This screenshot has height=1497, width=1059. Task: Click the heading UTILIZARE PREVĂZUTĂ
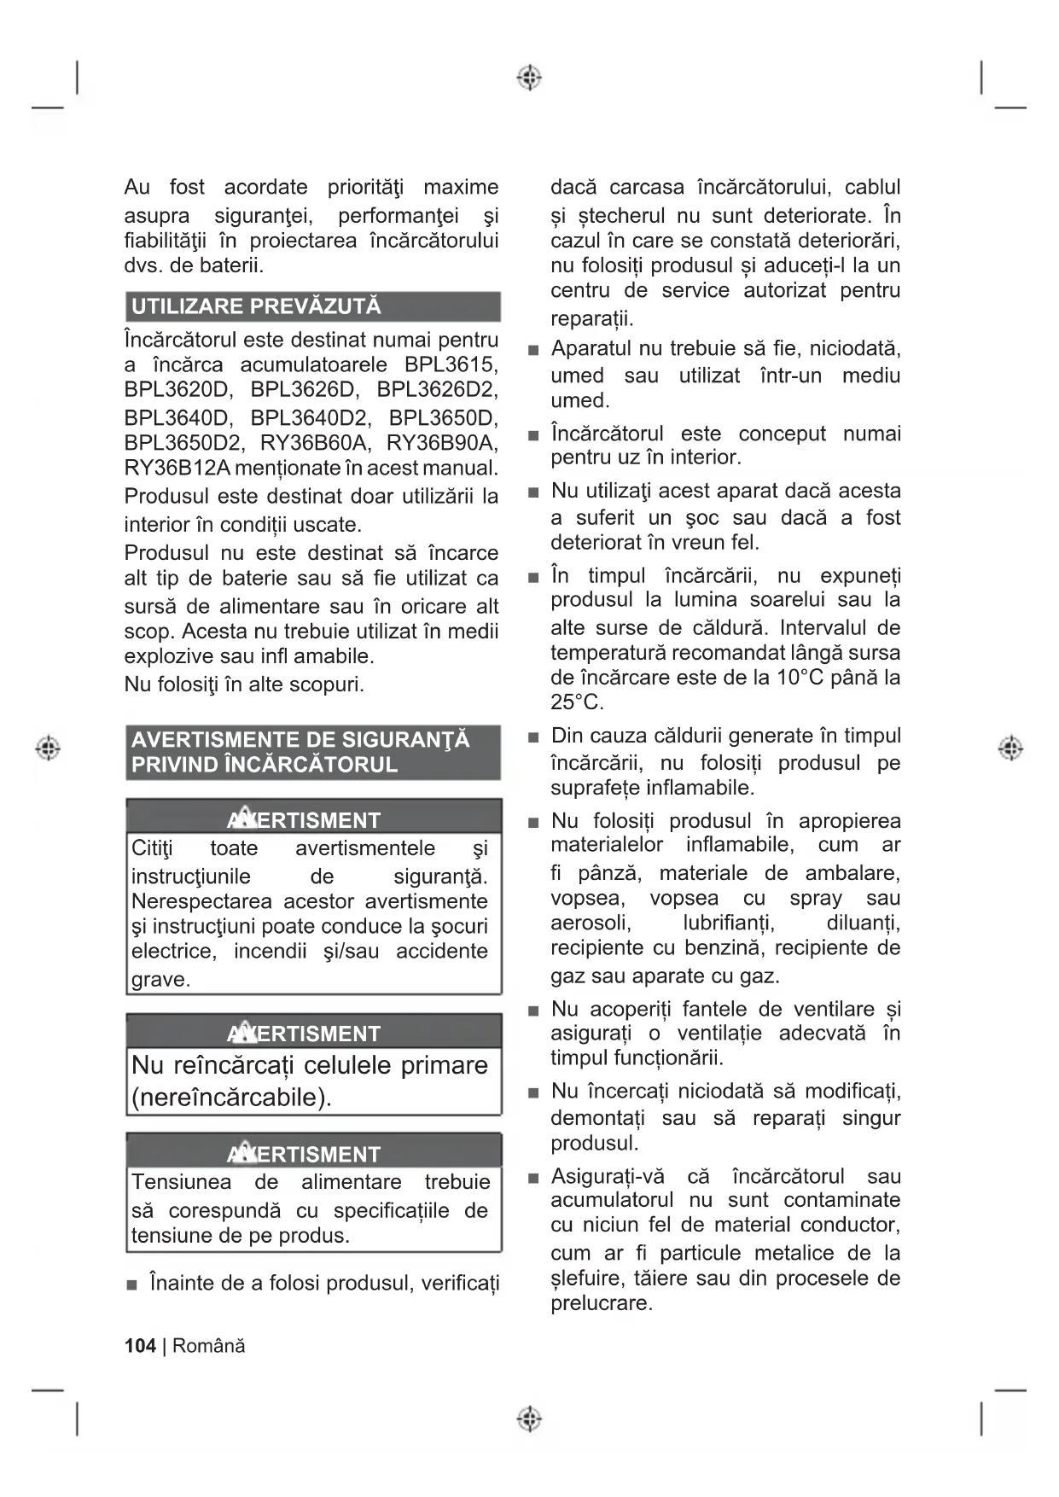click(256, 306)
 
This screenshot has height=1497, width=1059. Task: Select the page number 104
click(140, 1346)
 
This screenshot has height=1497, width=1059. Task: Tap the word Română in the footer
click(209, 1346)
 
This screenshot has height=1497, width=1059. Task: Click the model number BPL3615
click(451, 364)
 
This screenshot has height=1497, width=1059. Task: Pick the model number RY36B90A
click(442, 443)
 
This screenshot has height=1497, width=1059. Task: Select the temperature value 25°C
click(577, 702)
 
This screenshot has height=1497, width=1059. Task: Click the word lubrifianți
click(729, 923)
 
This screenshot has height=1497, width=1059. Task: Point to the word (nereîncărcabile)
click(231, 1097)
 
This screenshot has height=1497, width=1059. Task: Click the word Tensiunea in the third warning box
click(181, 1182)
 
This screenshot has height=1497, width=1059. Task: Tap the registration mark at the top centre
click(529, 78)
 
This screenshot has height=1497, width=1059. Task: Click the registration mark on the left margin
click(48, 748)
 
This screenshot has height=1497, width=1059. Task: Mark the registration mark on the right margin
click(1010, 748)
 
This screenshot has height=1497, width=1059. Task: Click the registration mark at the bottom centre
click(529, 1419)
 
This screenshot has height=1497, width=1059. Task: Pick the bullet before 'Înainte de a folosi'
click(131, 1284)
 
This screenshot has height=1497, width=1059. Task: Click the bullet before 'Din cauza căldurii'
click(533, 737)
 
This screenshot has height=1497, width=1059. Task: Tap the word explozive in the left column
click(166, 656)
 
